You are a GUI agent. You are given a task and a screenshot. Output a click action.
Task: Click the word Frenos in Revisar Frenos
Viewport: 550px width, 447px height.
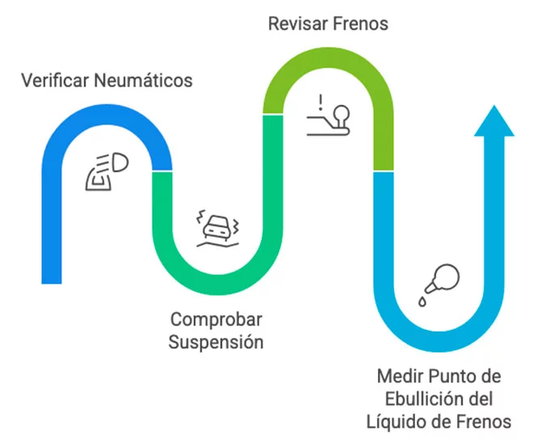click(361, 23)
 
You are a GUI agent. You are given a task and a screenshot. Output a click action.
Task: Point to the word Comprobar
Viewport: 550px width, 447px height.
click(216, 318)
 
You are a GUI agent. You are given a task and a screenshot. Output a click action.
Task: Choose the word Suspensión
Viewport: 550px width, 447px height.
click(216, 342)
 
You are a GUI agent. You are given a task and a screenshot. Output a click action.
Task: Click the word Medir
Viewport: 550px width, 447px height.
click(399, 377)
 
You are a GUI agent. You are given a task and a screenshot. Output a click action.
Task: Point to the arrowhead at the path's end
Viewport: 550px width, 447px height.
click(493, 121)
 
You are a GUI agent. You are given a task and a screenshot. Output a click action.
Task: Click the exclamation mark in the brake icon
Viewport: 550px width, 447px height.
click(321, 103)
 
